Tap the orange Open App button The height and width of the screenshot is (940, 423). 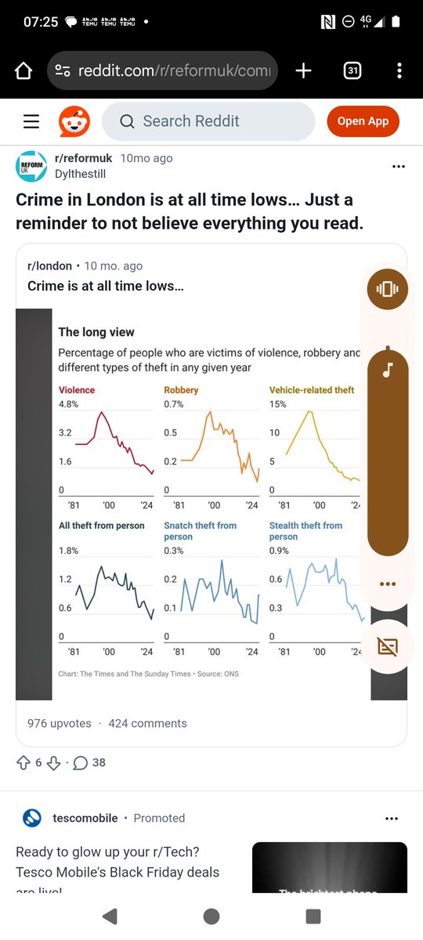[x=363, y=121]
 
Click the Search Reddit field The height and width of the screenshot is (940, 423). [x=208, y=121]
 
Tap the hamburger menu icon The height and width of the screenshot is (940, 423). [x=31, y=121]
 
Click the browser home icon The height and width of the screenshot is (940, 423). [x=23, y=71]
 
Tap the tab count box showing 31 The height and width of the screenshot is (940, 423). [x=352, y=71]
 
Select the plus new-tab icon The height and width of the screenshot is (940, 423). [x=303, y=71]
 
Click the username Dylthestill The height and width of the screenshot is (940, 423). [x=80, y=174]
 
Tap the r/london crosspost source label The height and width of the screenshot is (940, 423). [x=49, y=266]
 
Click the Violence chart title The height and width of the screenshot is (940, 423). [x=77, y=390]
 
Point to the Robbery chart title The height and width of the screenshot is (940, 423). [x=181, y=390]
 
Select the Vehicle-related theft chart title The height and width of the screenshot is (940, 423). [x=312, y=390]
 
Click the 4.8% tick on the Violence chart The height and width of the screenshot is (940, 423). [x=69, y=404]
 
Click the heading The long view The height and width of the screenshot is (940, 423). [x=96, y=332]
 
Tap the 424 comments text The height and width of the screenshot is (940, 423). [x=147, y=723]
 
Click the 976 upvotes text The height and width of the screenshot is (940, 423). [x=60, y=723]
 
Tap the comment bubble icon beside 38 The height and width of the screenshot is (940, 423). [x=80, y=762]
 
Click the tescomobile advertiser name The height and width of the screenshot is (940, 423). [x=85, y=818]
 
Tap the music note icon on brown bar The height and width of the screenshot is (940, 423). [x=387, y=370]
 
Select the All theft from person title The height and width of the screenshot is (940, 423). [x=102, y=526]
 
